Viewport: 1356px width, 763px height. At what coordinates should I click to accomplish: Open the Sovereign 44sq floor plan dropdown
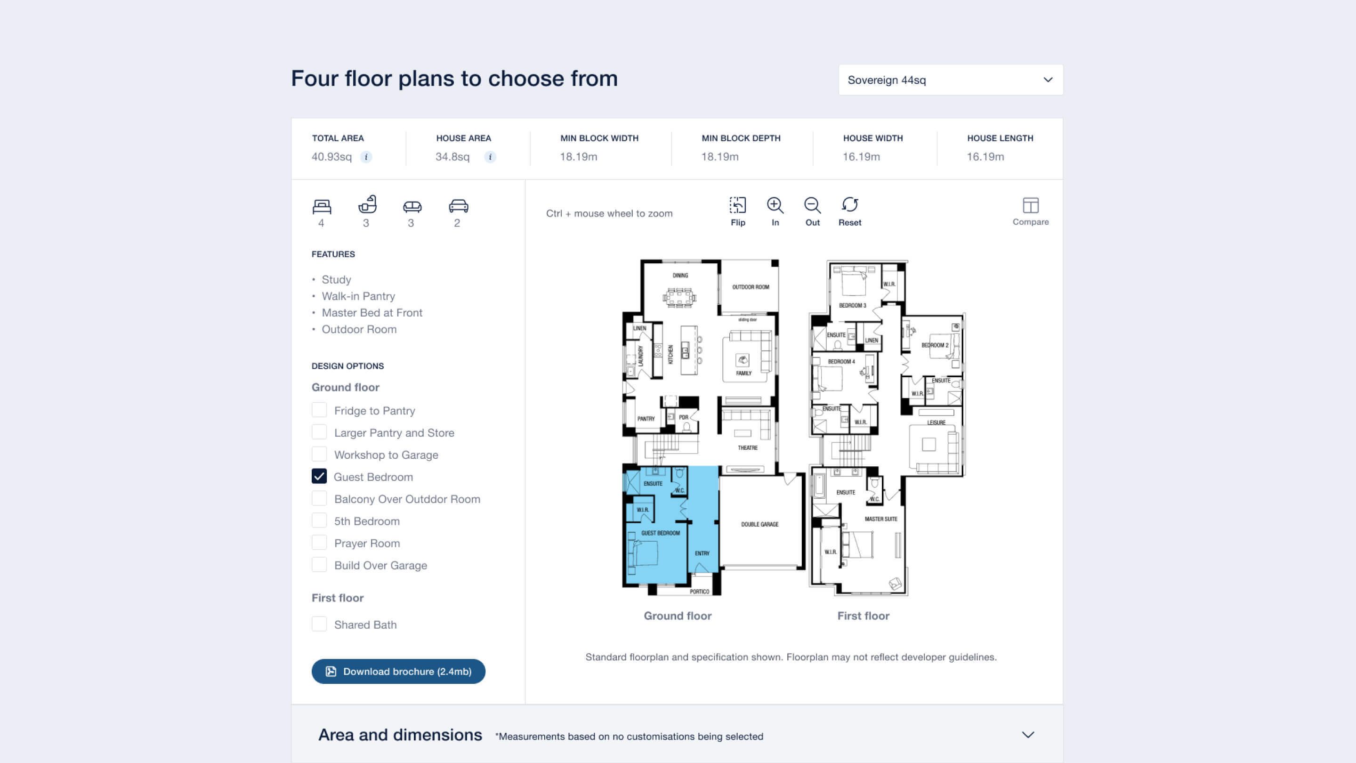tap(950, 80)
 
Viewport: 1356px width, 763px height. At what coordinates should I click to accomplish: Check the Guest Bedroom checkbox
tap(319, 477)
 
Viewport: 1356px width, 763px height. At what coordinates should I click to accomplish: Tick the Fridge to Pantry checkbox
tap(319, 410)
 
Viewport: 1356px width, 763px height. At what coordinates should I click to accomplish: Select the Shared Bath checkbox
tap(319, 624)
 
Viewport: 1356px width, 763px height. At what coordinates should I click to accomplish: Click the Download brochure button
tap(398, 671)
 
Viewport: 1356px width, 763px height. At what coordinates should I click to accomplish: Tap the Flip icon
tap(737, 205)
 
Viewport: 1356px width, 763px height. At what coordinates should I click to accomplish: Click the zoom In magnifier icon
tap(775, 205)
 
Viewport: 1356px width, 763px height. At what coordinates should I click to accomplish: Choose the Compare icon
tap(1031, 205)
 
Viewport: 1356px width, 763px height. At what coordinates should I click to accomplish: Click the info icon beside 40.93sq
tap(366, 157)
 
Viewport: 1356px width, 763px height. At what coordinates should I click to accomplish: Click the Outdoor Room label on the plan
tap(751, 287)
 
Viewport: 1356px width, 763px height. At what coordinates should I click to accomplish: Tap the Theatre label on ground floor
tap(748, 447)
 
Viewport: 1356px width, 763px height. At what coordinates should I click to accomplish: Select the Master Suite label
tap(880, 519)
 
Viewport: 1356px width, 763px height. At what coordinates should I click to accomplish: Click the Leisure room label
tap(936, 422)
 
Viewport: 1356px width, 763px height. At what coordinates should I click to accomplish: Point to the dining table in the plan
tap(679, 298)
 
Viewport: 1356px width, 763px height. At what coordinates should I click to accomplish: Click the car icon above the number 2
tap(459, 206)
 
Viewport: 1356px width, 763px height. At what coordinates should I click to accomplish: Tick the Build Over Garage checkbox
tap(319, 565)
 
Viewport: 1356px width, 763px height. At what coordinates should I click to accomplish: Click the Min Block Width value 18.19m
tap(579, 157)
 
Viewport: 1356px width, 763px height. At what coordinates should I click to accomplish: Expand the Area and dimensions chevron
tap(1028, 735)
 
